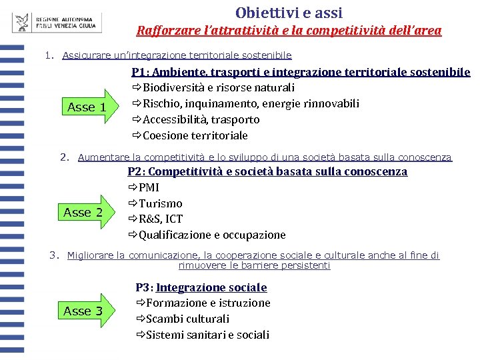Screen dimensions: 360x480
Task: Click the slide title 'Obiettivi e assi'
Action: [x=289, y=12]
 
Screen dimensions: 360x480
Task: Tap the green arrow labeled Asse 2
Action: [x=85, y=212]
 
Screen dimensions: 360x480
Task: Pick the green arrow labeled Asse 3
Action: [x=85, y=311]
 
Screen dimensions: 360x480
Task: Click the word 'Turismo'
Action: [x=160, y=203]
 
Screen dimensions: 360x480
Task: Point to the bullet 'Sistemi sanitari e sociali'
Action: [x=207, y=335]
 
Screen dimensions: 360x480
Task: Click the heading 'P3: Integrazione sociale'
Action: [x=201, y=287]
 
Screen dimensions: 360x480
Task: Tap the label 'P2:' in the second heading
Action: [x=135, y=172]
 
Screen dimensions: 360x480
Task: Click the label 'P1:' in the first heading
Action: [x=141, y=72]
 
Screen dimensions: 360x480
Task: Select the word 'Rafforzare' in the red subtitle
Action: [x=163, y=31]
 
